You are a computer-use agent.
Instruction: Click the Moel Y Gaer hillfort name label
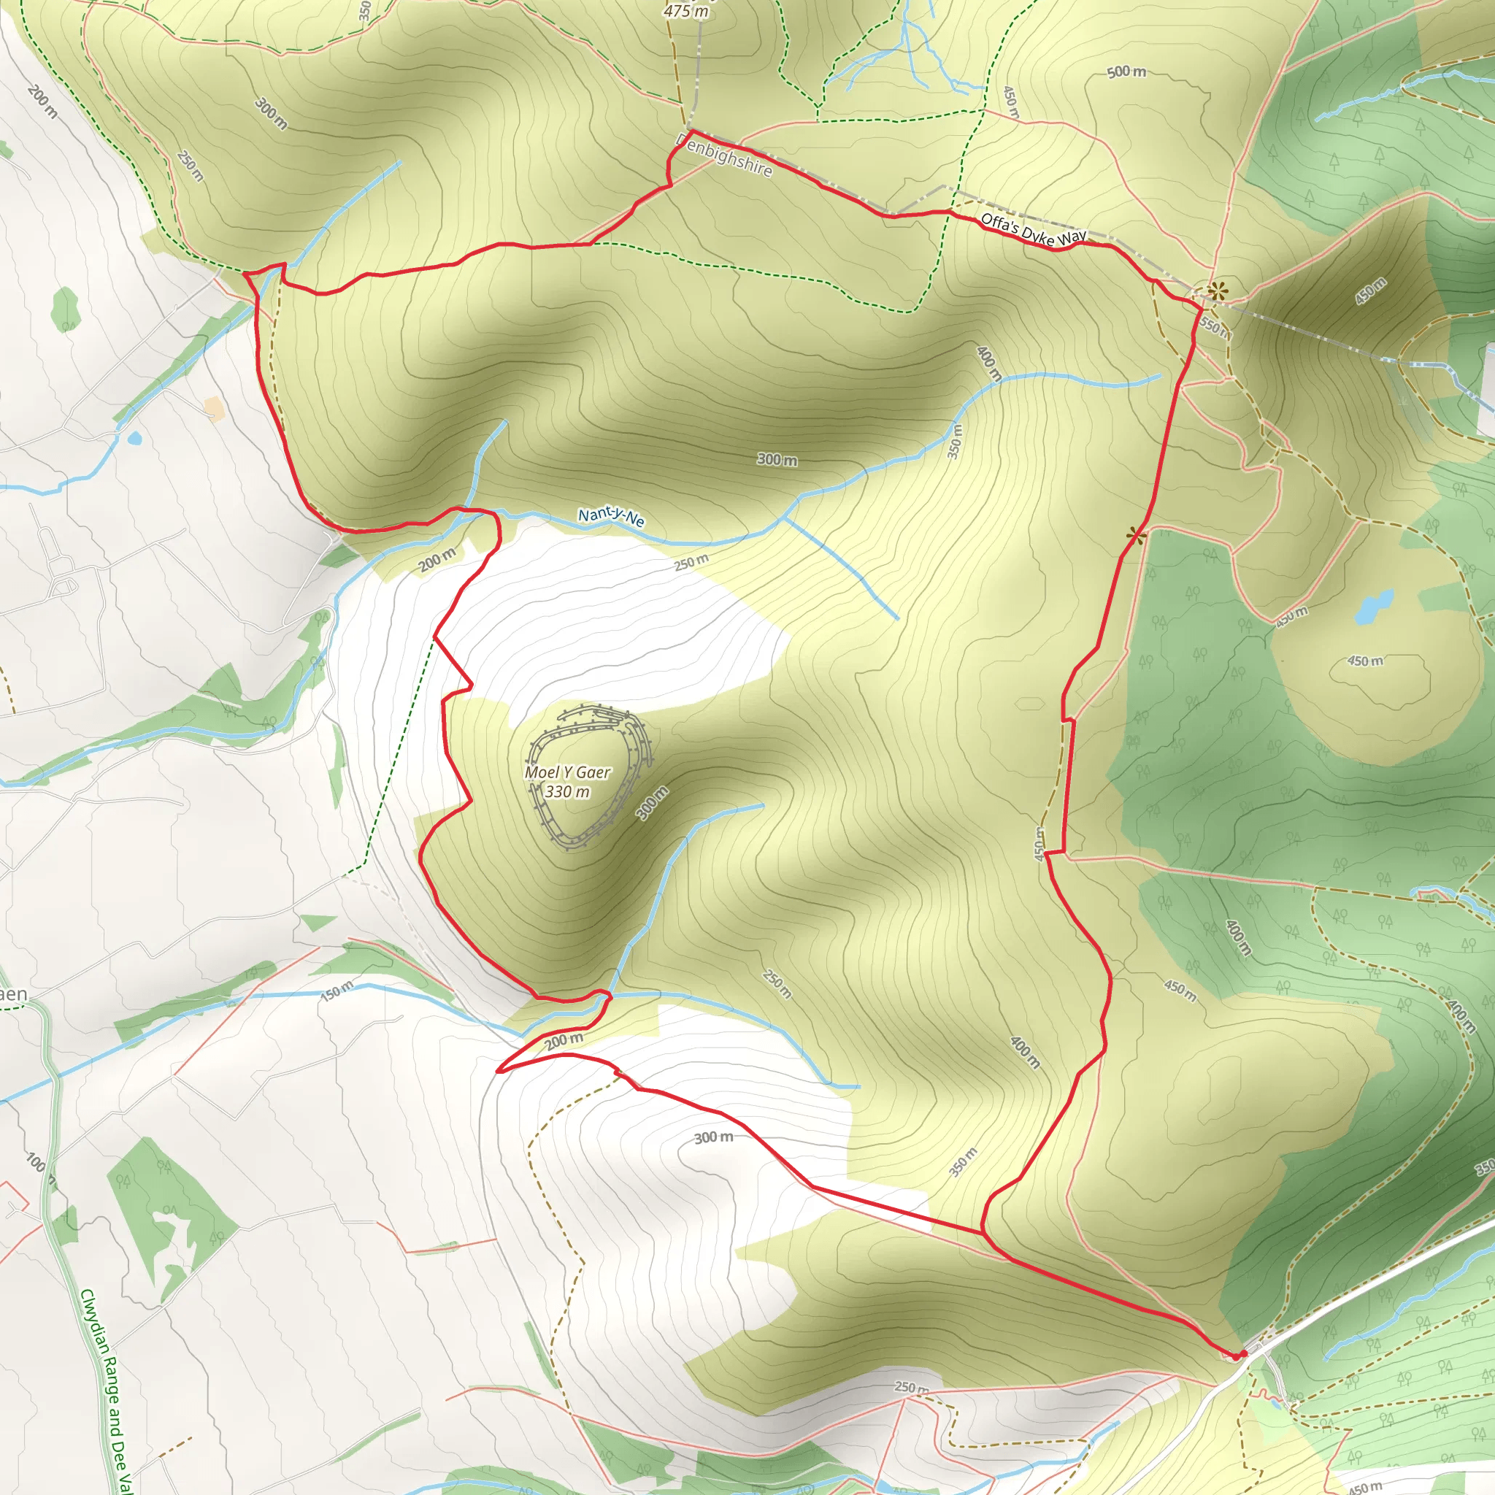[x=567, y=772]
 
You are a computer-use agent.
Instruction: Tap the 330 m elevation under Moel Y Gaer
[x=567, y=791]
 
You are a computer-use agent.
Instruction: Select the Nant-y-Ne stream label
[x=610, y=516]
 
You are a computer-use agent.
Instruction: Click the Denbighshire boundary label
[x=724, y=155]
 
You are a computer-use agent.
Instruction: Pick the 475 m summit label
[x=685, y=11]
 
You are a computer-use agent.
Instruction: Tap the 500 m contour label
[x=1126, y=72]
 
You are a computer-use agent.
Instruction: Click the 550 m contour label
[x=1214, y=328]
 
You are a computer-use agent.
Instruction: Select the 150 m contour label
[x=337, y=990]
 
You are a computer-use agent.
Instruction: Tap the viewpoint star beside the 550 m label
[x=1217, y=292]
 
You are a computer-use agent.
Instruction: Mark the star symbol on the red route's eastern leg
[x=1135, y=534]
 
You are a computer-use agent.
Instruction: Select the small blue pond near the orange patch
[x=136, y=439]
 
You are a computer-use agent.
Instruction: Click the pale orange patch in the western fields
[x=214, y=408]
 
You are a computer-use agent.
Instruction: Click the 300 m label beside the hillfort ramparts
[x=652, y=802]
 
